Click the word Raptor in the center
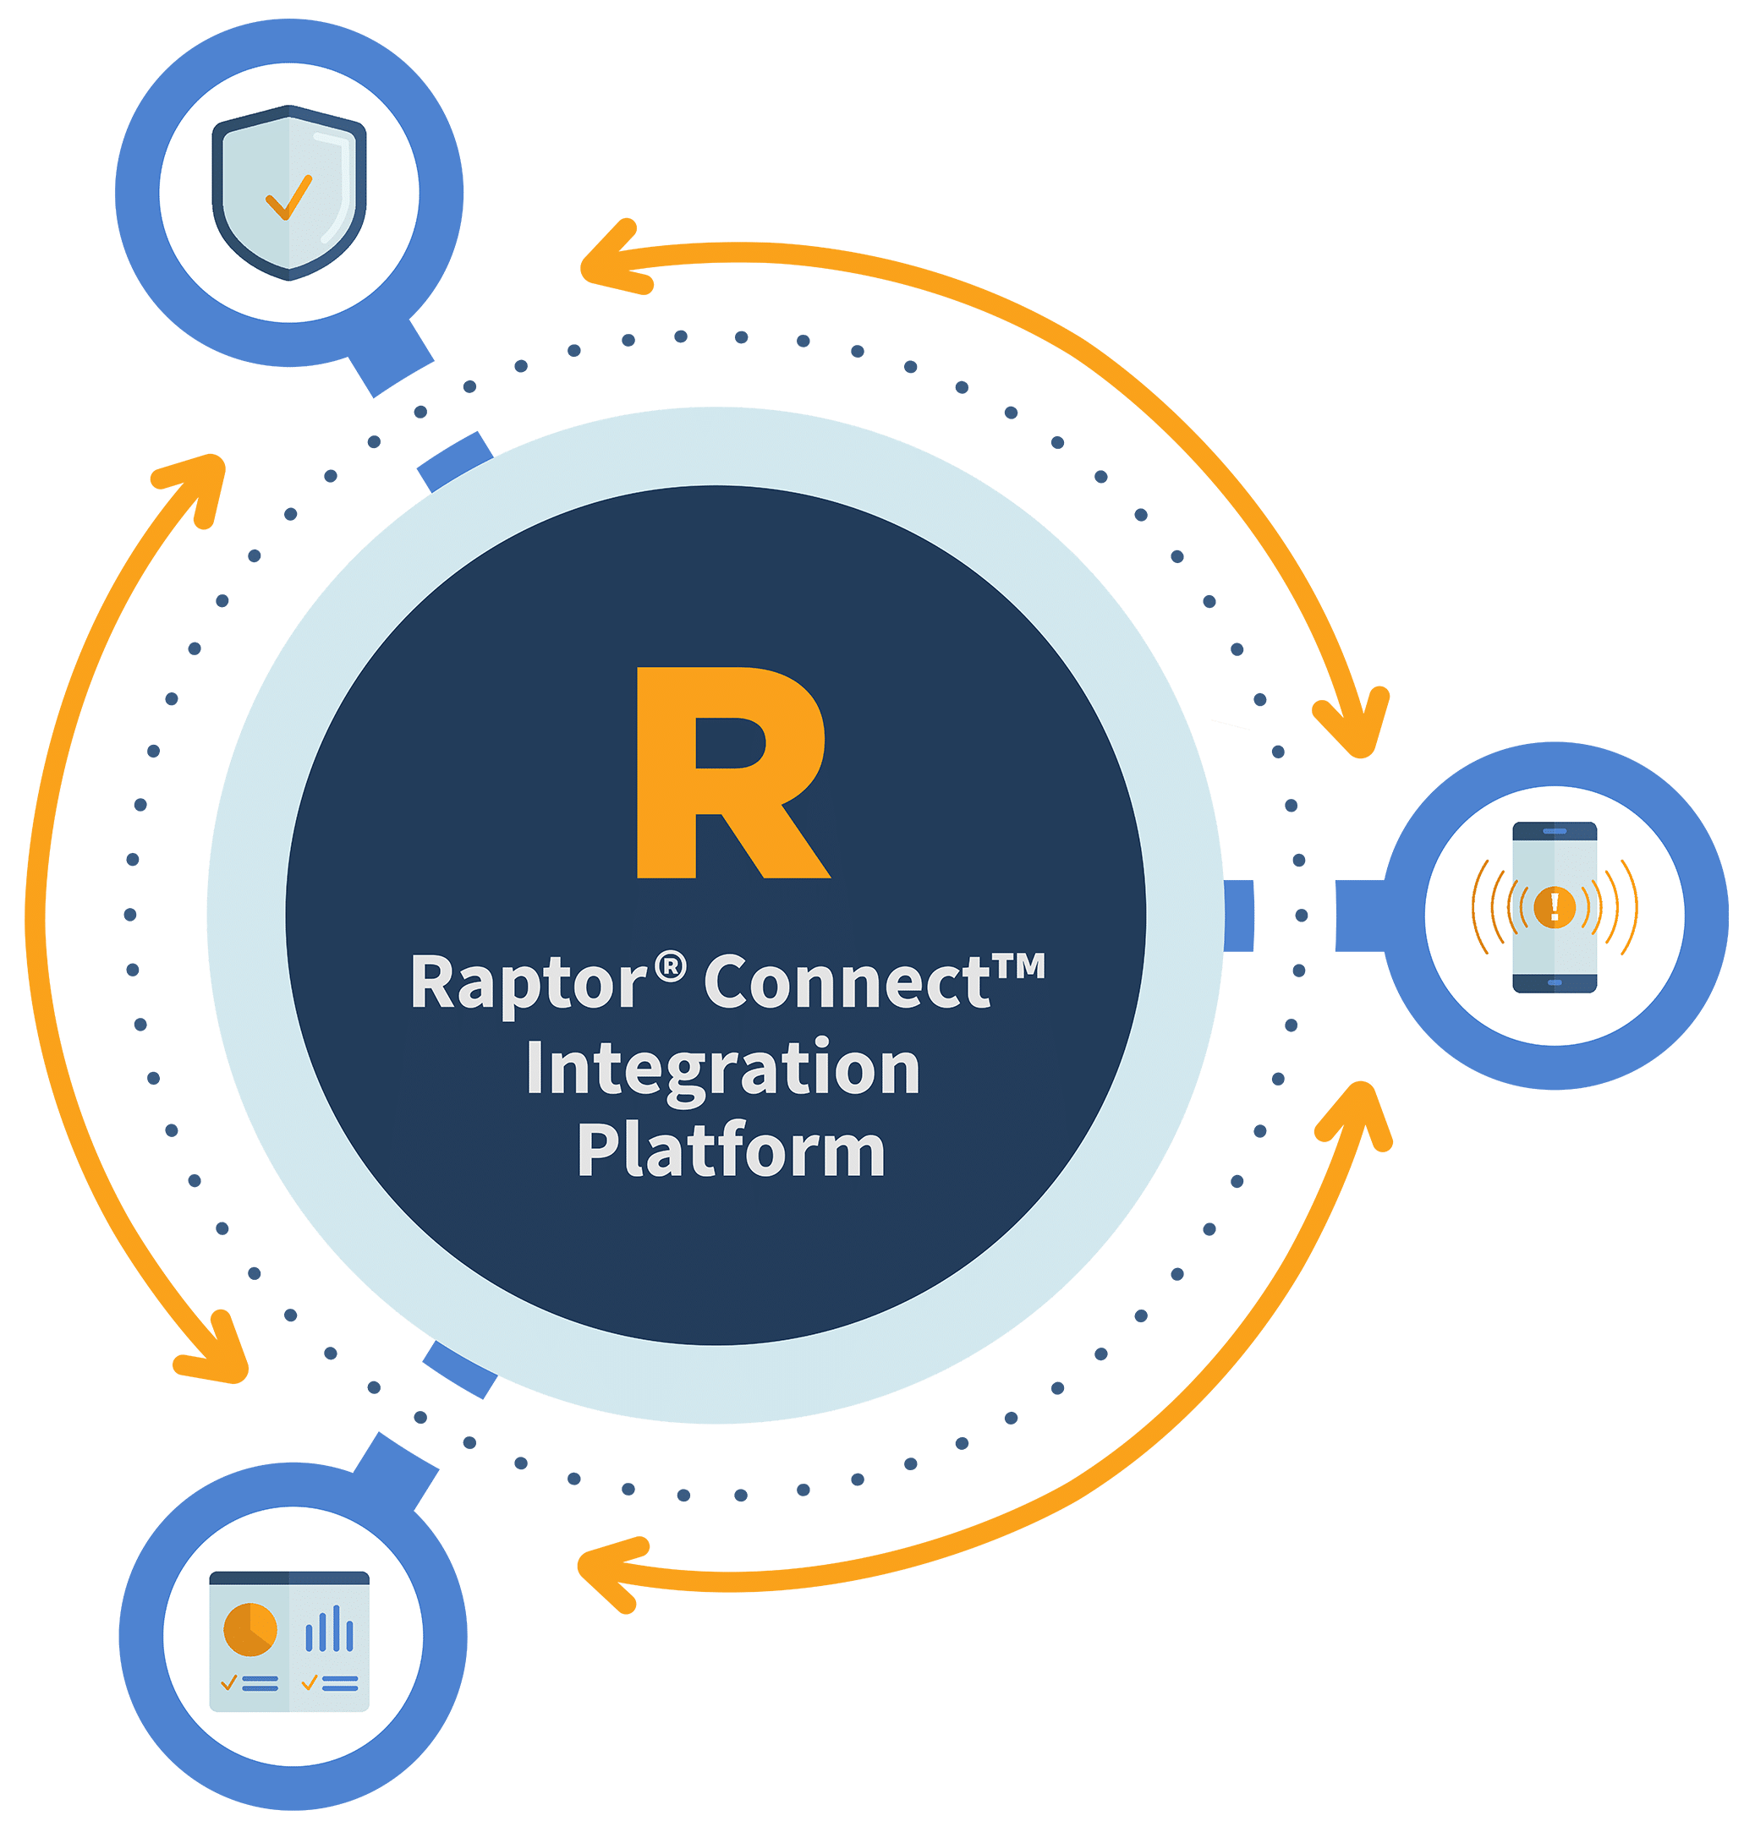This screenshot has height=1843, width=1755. click(528, 982)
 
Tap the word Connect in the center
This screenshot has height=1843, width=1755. click(847, 982)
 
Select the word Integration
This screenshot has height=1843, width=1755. click(722, 1069)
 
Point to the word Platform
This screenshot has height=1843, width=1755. click(731, 1150)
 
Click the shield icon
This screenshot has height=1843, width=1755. click(289, 192)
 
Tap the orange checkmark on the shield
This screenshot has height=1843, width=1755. click(288, 197)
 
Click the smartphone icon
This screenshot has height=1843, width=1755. click(1554, 906)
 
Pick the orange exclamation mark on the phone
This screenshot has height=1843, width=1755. click(1555, 905)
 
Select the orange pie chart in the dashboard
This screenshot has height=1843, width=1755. click(250, 1629)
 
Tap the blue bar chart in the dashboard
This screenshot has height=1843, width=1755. click(328, 1629)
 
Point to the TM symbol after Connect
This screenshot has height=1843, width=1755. click(1017, 966)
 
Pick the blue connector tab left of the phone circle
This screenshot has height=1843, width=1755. click(1358, 915)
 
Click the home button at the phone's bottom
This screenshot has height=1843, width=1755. click(1555, 982)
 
